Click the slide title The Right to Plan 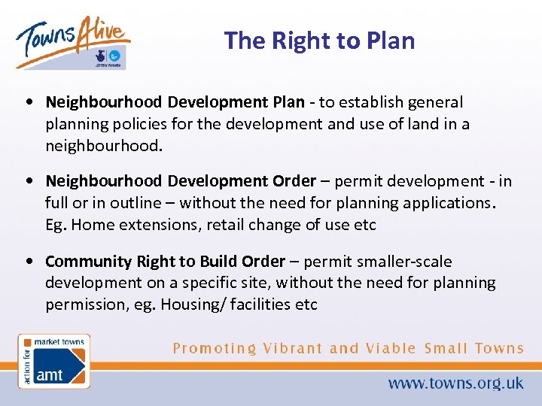point(319,40)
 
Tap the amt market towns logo point(53,361)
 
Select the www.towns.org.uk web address point(455,383)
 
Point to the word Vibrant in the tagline point(293,348)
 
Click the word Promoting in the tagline point(215,348)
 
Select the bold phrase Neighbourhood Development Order point(181,181)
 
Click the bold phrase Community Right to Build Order point(165,261)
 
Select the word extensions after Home point(154,225)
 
